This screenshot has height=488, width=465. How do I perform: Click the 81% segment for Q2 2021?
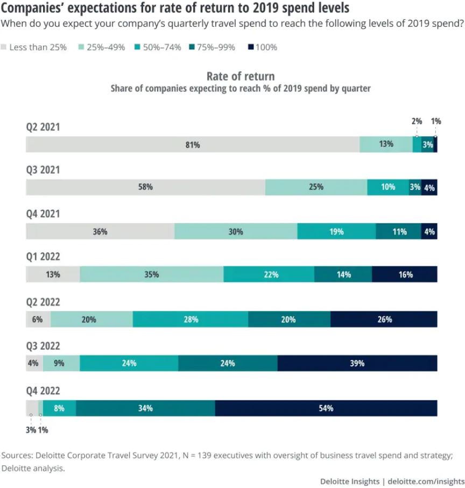point(193,144)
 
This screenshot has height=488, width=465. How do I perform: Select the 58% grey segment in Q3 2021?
point(145,187)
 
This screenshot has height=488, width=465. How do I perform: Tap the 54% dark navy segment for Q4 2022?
point(326,408)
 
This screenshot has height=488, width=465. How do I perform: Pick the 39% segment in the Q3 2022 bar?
point(357,363)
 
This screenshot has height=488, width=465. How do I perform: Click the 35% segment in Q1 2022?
point(151,274)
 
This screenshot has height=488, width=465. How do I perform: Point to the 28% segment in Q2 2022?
point(191,319)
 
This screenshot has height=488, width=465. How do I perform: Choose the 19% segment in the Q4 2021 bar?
point(336,231)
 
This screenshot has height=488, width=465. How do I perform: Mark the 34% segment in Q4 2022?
point(145,408)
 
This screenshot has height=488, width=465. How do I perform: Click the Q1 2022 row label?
point(43,258)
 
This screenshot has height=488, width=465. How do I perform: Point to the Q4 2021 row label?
point(43,214)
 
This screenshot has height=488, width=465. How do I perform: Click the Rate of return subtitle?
point(241,76)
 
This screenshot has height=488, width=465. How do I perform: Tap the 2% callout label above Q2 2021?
point(417,122)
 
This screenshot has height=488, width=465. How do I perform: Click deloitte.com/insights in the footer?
point(426,480)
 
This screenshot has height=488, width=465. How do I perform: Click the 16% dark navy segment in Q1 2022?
point(405,274)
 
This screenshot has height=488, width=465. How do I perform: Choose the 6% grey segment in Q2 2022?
point(38,319)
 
